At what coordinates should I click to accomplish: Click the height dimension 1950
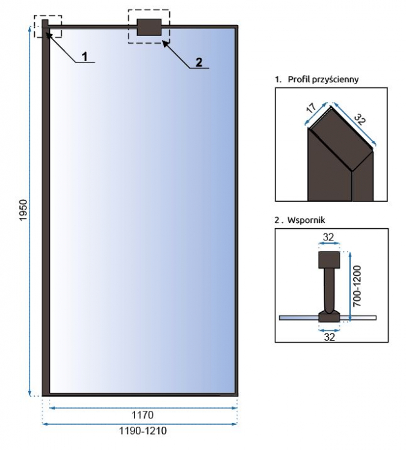coord(23,210)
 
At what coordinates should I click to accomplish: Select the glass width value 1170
coord(142,415)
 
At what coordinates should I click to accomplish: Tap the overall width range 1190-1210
coord(143,431)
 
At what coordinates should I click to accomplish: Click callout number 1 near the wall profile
coord(84,57)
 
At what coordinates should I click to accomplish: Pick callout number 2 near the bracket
coord(199,62)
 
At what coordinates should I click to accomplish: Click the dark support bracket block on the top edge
coord(149,27)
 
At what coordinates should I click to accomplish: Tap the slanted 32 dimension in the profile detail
coord(360,119)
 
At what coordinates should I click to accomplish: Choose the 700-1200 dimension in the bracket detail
coord(357,286)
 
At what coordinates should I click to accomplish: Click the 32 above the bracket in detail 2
coord(328,237)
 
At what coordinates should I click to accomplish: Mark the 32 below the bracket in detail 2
coord(329,337)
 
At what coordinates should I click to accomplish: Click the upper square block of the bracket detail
coord(329,260)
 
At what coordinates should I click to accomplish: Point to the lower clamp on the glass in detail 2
coord(329,316)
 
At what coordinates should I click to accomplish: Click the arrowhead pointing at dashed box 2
coord(165,43)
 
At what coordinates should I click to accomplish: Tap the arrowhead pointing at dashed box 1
coord(48,35)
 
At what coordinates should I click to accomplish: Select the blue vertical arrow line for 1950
coord(30,211)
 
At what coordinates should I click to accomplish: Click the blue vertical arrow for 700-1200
coord(349,287)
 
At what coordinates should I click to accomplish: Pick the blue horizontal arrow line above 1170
coord(143,408)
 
